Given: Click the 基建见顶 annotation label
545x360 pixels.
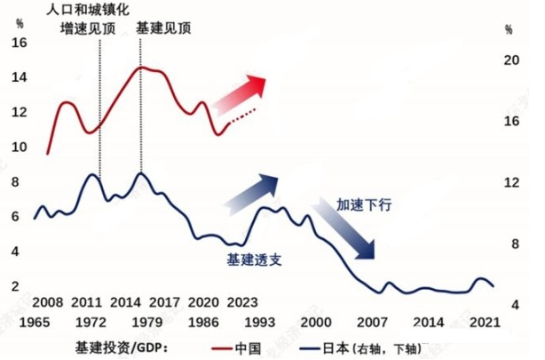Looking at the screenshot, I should [163, 28].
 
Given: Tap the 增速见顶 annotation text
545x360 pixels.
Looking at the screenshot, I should [86, 28].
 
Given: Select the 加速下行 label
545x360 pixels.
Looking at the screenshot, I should [364, 204].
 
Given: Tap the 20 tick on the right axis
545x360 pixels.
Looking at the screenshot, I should [509, 60].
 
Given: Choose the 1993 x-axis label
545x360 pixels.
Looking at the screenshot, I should [257, 321].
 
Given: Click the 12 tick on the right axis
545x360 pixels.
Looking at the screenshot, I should [509, 182].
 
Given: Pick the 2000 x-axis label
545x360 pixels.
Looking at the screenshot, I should [314, 321].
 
